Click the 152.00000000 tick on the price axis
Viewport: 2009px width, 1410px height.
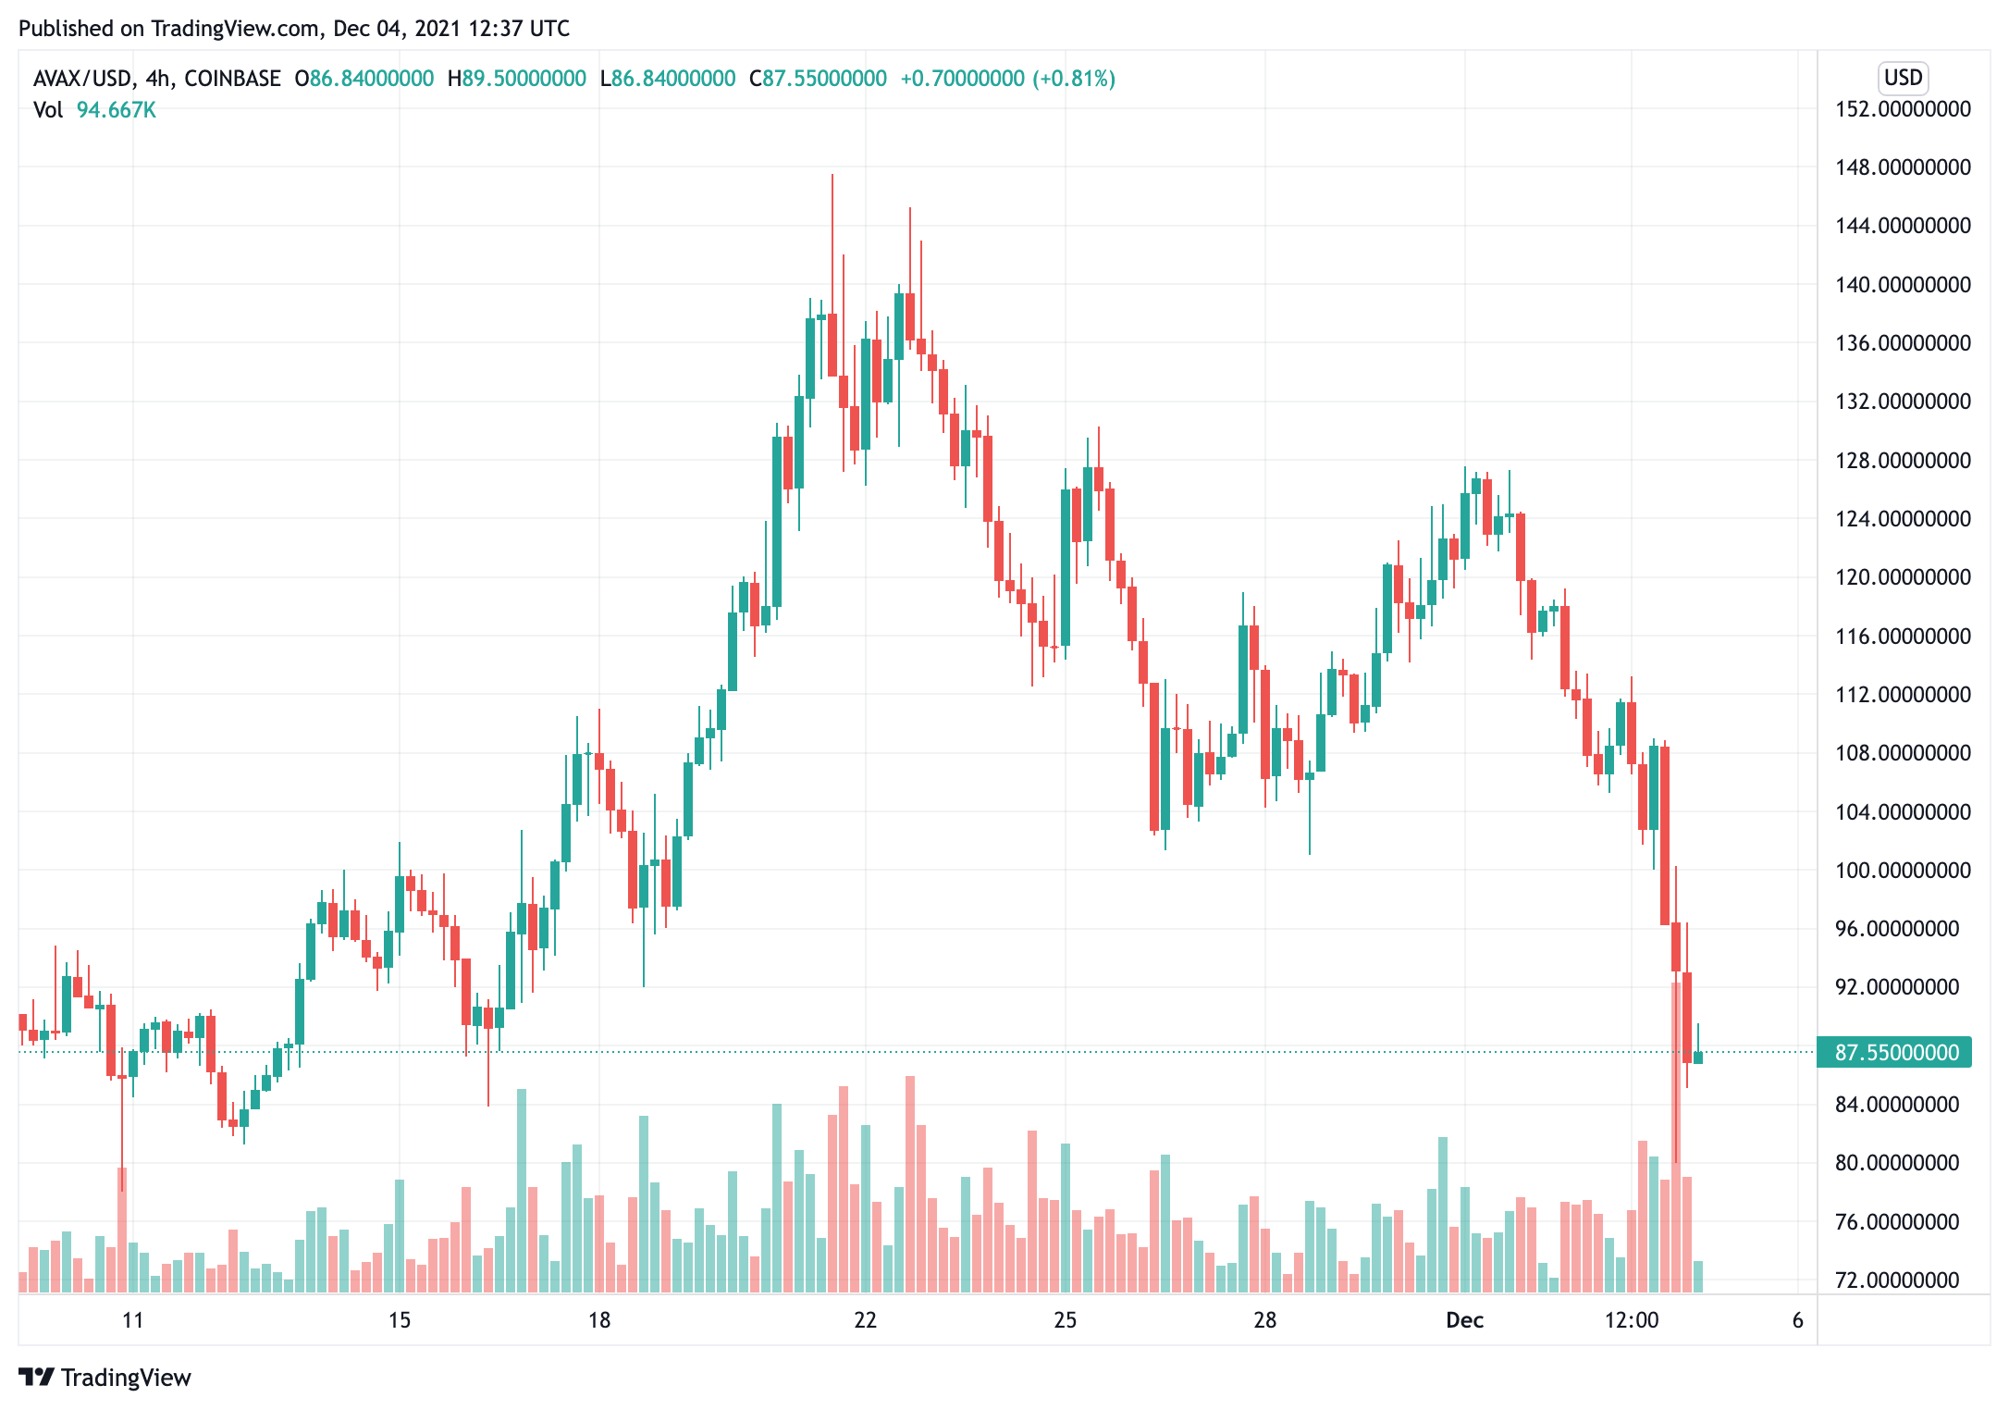1903,109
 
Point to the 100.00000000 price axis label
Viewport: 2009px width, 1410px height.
1903,871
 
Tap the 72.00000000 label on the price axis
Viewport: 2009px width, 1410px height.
1896,1280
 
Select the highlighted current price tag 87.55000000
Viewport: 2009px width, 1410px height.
1896,1053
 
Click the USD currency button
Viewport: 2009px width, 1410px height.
1903,78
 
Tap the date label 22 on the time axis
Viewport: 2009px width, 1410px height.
865,1320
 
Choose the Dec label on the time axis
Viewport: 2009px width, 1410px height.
1464,1320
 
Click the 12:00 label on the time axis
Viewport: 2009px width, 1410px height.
1631,1320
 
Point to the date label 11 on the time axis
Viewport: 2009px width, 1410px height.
133,1320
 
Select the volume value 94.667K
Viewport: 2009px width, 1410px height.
116,110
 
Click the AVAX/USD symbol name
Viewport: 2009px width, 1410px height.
82,79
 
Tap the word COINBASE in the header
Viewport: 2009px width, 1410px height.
232,79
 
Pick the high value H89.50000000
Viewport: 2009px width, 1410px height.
516,79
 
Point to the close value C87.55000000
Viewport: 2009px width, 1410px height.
818,79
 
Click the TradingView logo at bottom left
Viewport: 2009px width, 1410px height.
105,1378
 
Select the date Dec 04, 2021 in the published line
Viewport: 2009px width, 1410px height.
397,29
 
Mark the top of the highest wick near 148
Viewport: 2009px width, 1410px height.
832,175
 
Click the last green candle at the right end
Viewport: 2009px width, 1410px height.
1698,1057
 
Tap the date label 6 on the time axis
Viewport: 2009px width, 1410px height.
1797,1320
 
